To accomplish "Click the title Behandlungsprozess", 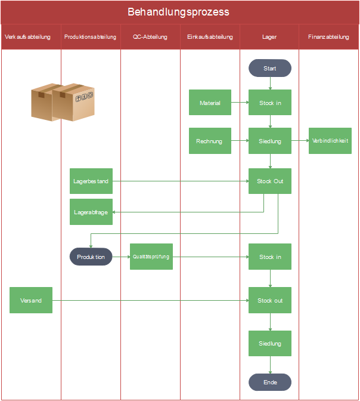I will [179, 12].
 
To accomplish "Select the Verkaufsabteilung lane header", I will [32, 37].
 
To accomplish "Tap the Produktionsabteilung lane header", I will [91, 37].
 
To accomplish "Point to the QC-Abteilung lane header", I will [150, 37].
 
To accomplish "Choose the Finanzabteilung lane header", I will [329, 37].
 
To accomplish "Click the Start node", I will [270, 68].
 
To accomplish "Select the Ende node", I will [270, 382].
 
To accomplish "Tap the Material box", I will [210, 103].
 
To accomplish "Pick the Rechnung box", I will [210, 141].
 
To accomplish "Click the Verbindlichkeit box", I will [330, 141].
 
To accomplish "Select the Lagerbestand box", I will [91, 181].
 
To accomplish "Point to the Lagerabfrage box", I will [91, 212].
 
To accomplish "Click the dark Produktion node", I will [91, 257].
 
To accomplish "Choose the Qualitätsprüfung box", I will [151, 257].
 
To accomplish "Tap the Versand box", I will [31, 300].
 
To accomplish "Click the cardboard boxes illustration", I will [63, 102].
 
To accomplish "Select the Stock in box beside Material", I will [270, 103].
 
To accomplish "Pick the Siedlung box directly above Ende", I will [270, 344].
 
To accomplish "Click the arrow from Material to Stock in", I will [240, 103].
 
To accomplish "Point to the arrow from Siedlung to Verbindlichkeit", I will [300, 141].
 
